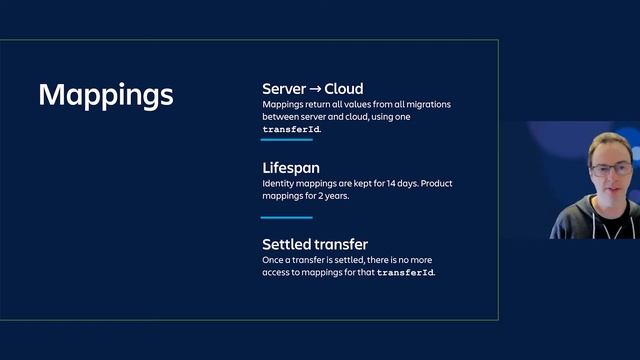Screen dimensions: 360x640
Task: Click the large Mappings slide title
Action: tap(106, 95)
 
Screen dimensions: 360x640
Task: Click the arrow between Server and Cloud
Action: tap(316, 88)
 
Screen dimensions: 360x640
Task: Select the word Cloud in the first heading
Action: tap(344, 88)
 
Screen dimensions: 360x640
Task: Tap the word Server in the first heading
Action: tap(284, 88)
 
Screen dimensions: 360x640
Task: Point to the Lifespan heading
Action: tap(291, 169)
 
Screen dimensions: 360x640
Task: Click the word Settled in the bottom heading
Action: tap(286, 244)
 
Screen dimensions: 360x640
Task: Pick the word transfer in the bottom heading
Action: tap(340, 244)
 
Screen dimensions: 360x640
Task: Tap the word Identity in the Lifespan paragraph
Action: tap(281, 184)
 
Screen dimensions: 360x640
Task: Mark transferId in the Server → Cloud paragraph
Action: tap(291, 130)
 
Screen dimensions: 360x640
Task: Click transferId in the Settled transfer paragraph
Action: tap(405, 272)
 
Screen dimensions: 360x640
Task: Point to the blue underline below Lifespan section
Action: tap(287, 217)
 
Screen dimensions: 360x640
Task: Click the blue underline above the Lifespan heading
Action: tap(287, 140)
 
